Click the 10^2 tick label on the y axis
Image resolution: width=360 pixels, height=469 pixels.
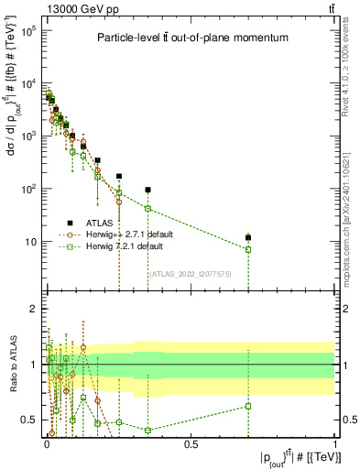click(27, 189)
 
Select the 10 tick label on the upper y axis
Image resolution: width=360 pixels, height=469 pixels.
click(29, 242)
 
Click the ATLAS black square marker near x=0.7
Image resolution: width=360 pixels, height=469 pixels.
click(247, 238)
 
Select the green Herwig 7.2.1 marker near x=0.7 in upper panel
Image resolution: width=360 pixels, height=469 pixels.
click(247, 249)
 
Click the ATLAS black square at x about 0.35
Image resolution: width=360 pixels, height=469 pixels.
click(147, 190)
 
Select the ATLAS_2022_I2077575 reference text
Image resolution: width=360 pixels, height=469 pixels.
click(189, 273)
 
